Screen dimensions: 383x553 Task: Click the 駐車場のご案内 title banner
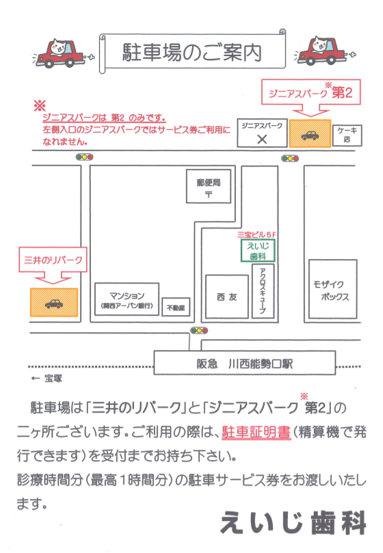click(192, 52)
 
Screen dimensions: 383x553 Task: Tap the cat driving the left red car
click(59, 46)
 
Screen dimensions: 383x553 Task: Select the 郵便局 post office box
click(209, 186)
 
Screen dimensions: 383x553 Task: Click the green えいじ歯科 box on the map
click(258, 251)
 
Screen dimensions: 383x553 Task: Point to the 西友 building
click(227, 297)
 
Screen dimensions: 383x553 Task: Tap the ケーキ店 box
click(347, 135)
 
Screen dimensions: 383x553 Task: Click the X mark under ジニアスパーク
click(262, 139)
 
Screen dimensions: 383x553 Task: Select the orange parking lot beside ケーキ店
click(310, 133)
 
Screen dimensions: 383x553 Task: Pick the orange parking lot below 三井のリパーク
click(53, 302)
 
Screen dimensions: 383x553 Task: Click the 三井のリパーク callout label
click(53, 260)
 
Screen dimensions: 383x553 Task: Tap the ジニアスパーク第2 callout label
click(311, 92)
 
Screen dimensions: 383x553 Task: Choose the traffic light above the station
click(199, 330)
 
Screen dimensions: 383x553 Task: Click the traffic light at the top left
click(85, 157)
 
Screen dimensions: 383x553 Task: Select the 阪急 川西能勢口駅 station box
click(245, 363)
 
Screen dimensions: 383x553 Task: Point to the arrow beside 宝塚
click(36, 379)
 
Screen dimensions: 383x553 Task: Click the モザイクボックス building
click(333, 289)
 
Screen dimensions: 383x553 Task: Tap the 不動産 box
click(176, 307)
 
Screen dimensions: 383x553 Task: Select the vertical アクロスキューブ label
click(263, 291)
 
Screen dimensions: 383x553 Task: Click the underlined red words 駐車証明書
click(256, 432)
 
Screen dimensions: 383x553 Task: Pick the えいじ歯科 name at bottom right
click(293, 522)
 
